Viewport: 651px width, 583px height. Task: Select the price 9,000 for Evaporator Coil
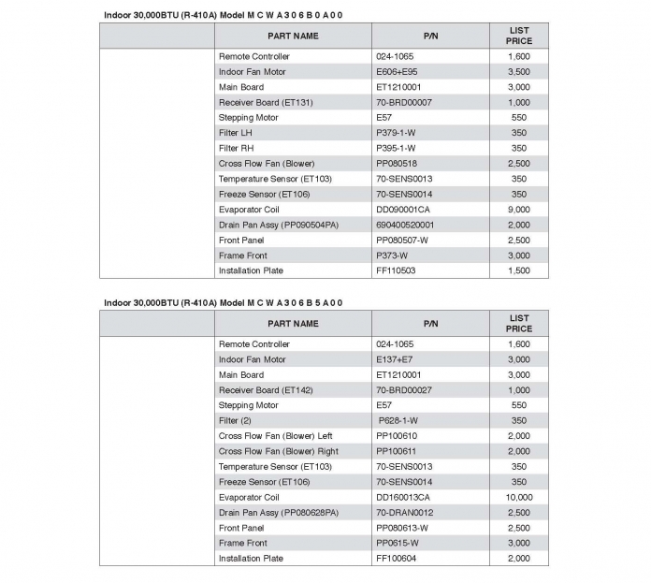click(519, 210)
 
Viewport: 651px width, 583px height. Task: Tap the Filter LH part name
click(236, 133)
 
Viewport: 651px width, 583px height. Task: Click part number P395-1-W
click(396, 148)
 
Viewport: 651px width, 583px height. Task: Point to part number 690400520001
click(405, 225)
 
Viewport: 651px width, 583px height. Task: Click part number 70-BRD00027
click(404, 390)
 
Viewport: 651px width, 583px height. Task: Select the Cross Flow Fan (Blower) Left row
click(276, 436)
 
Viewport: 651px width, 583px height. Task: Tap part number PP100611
click(397, 451)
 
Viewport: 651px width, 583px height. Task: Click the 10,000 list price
click(519, 497)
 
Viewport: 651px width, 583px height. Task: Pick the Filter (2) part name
click(235, 420)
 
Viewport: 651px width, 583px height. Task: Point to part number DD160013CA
click(403, 497)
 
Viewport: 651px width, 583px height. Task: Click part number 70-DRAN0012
click(404, 513)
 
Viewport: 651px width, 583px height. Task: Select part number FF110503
click(397, 270)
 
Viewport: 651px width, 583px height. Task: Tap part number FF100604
click(397, 559)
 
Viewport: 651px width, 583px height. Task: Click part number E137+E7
click(397, 359)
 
